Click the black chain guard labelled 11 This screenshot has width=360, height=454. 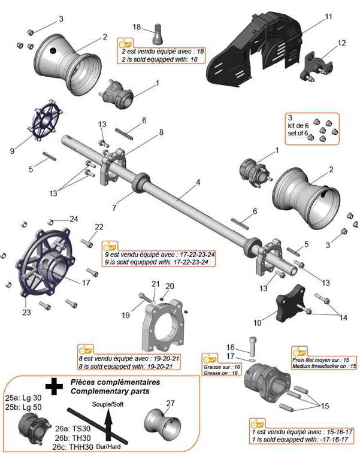pos(255,49)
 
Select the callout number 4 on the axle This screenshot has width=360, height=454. pos(198,183)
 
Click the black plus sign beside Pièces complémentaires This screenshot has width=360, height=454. pos(54,386)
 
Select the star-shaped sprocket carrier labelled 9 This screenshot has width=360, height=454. pos(45,120)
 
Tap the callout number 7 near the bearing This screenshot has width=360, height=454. pos(114,208)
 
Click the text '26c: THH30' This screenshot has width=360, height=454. pos(72,447)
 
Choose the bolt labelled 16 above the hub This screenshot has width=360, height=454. pos(253,347)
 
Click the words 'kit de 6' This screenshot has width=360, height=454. pos(298,126)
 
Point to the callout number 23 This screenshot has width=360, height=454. pos(26,313)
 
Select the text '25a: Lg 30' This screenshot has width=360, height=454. pos(23,398)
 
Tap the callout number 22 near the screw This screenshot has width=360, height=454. pos(99,227)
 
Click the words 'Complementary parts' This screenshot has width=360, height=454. pos(110,391)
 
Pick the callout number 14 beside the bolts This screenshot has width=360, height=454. pos(343,317)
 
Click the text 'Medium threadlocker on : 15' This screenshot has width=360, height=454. pos(324,366)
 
